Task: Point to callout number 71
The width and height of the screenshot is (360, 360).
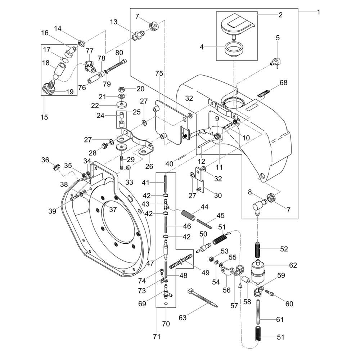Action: tap(157, 337)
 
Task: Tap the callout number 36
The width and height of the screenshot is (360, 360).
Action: tap(45, 160)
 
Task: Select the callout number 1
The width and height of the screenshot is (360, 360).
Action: tap(318, 12)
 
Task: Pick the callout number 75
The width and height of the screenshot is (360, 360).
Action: tap(159, 73)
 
